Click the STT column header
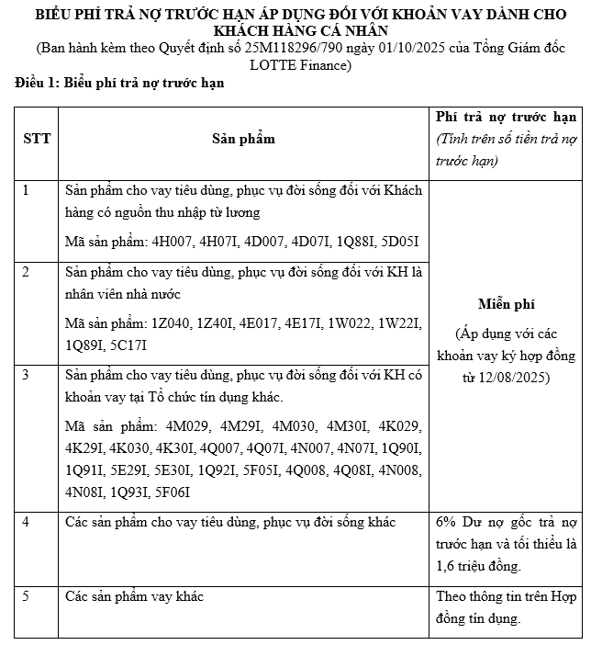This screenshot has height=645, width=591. click(37, 139)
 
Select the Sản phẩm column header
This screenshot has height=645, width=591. click(243, 139)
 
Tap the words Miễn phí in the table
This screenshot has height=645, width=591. click(506, 304)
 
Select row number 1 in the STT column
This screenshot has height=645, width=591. click(26, 190)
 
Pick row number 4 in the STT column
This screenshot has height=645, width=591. click(26, 522)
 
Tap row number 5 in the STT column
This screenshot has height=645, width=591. click(26, 596)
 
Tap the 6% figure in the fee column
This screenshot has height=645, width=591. click(447, 522)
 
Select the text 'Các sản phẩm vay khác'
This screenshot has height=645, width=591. click(134, 596)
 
